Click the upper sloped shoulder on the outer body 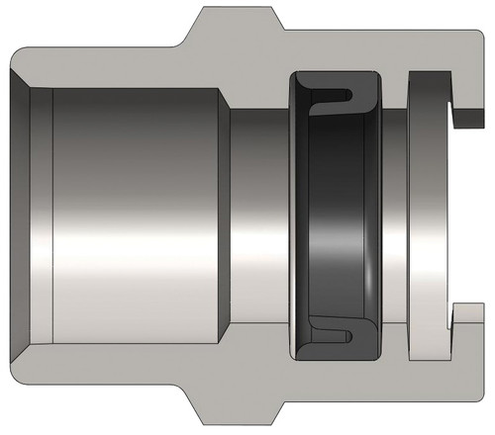tap(188, 28)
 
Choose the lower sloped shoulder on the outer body tap(188, 407)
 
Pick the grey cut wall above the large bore tap(119, 64)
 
